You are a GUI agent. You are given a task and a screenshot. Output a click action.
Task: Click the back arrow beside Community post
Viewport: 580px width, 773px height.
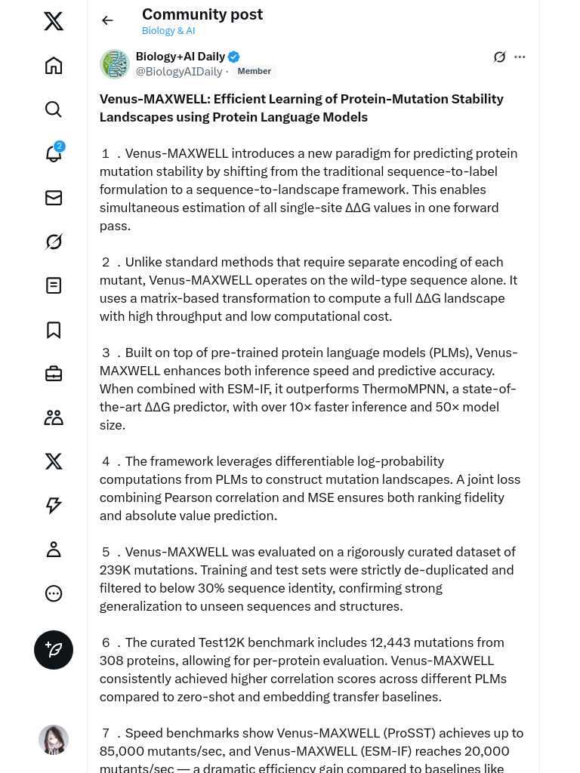107,20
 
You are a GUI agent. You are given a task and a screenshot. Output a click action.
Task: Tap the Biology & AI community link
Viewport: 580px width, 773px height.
168,31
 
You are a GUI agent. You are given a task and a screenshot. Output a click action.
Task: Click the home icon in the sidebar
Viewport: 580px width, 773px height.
54,66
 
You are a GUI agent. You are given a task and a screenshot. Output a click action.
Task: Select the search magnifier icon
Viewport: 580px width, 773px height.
54,109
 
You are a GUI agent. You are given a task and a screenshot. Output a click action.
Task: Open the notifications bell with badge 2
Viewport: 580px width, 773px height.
54,153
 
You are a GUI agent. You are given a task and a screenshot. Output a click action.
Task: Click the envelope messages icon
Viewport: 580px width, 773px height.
54,198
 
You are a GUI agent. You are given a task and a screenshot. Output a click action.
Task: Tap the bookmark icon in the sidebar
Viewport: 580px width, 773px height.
54,330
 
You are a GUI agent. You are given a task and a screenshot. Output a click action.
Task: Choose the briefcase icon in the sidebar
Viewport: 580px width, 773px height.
54,374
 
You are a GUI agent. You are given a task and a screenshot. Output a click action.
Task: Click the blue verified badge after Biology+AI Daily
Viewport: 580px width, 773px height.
234,57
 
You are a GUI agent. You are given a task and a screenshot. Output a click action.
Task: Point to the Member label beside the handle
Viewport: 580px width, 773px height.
255,71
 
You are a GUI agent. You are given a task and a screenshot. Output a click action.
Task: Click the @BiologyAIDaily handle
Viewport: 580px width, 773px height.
179,72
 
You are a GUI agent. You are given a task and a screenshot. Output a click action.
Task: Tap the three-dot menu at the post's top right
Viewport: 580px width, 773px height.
520,57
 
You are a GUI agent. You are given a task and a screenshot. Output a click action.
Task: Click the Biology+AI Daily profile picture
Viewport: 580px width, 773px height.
115,64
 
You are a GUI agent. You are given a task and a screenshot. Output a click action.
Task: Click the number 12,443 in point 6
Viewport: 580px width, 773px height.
400,642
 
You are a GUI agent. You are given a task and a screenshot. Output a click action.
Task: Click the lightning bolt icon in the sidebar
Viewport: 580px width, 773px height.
54,506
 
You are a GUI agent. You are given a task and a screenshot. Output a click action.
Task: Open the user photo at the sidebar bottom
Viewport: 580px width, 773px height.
54,740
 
